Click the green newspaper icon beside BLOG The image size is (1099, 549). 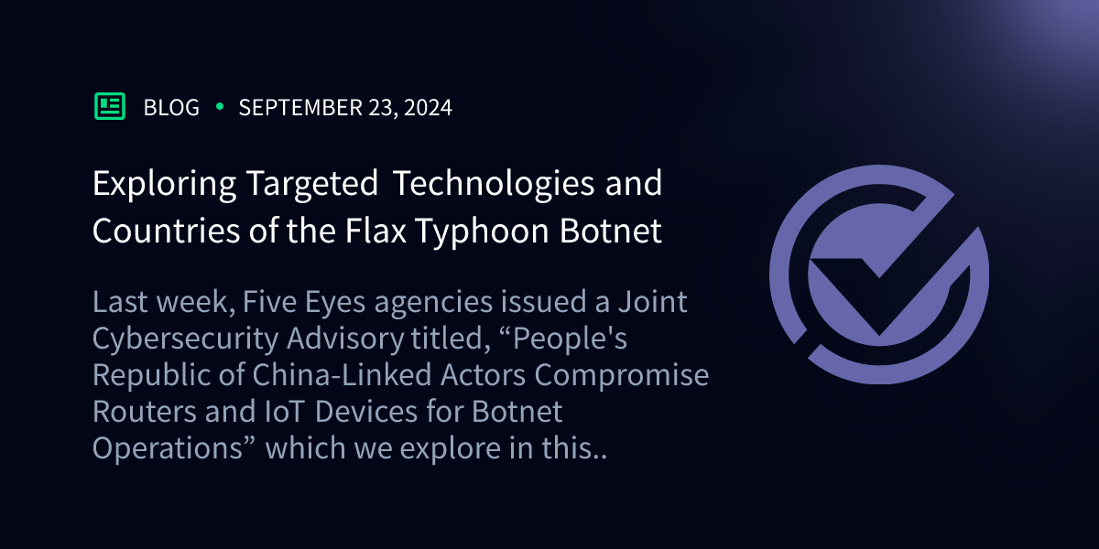110,107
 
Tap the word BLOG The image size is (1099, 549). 171,108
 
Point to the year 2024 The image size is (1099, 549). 425,108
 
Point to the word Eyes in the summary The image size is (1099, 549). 306,302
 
